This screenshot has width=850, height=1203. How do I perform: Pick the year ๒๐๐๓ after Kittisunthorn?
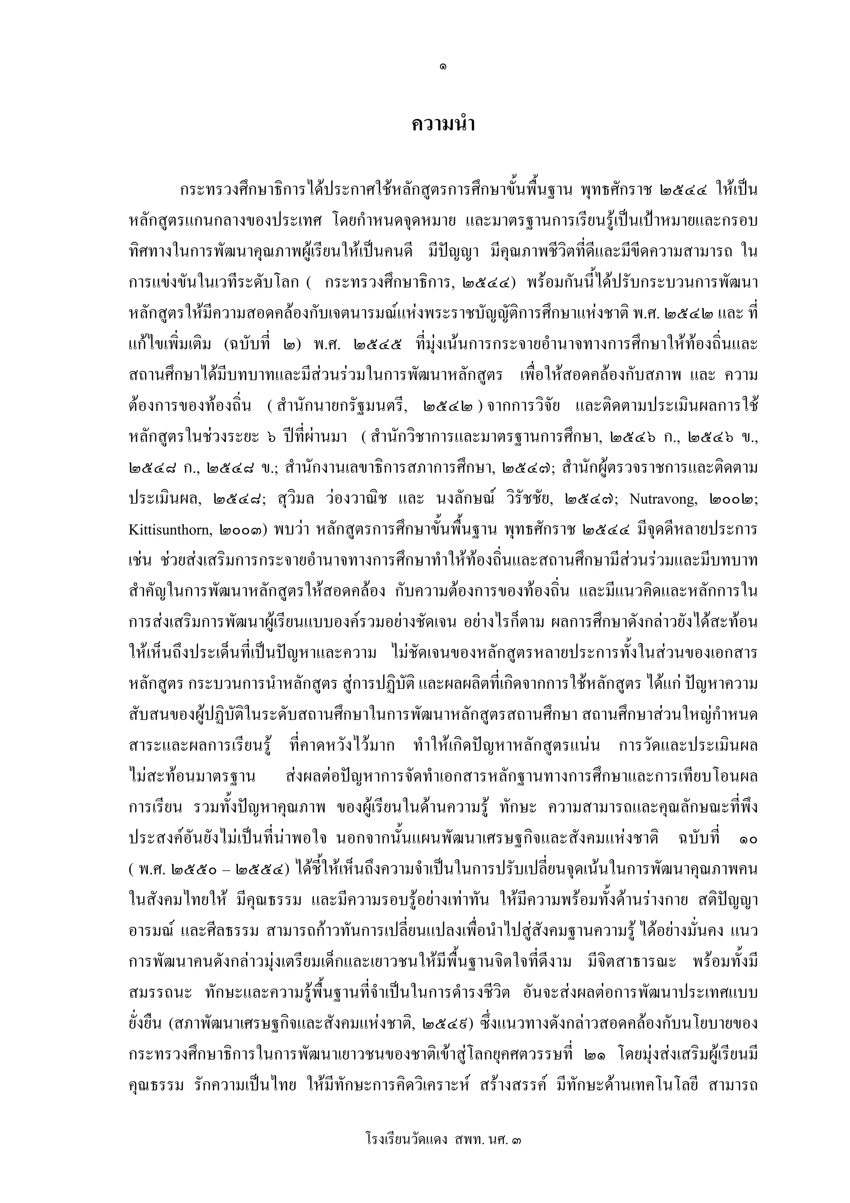coord(245,530)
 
